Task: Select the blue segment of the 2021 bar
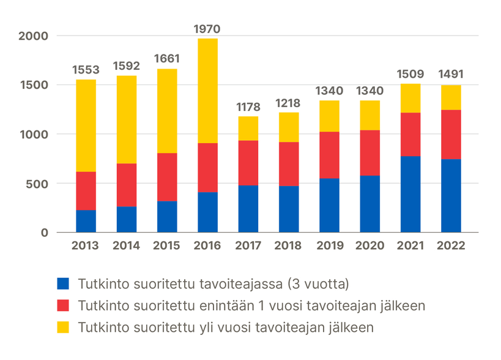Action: click(x=410, y=194)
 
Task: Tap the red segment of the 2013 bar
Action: click(x=86, y=191)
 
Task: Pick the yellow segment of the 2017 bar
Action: click(x=248, y=129)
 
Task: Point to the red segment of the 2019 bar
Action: click(x=329, y=155)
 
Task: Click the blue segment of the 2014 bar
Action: click(x=126, y=219)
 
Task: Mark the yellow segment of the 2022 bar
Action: click(x=451, y=97)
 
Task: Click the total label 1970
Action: click(x=207, y=29)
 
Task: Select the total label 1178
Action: click(x=248, y=107)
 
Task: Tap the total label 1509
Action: click(x=410, y=75)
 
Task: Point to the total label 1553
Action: click(x=86, y=70)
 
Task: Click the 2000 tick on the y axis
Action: click(x=33, y=36)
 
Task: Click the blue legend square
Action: click(x=62, y=284)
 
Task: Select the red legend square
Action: click(x=62, y=306)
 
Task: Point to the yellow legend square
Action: click(x=62, y=327)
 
